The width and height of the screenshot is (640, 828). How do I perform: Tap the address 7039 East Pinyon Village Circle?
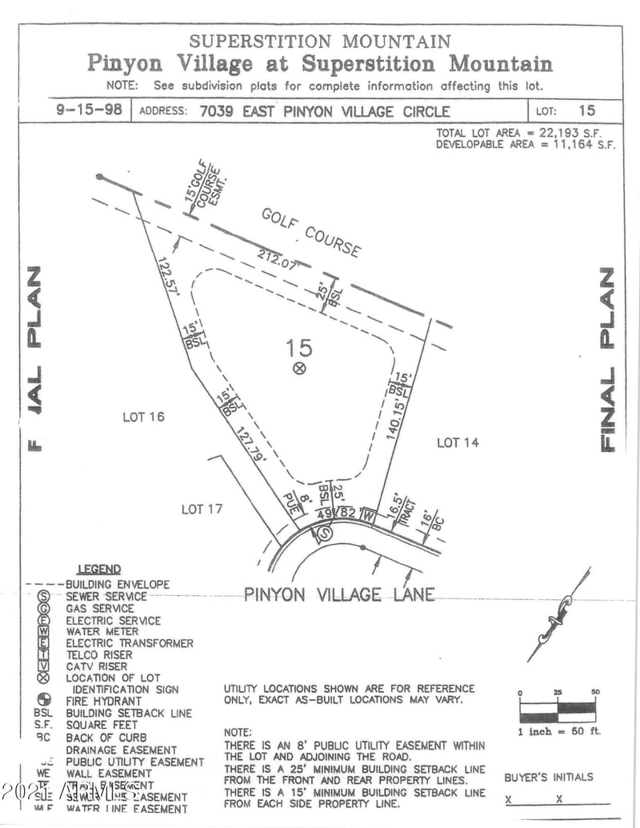318,111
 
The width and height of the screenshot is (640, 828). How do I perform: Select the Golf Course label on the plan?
311,232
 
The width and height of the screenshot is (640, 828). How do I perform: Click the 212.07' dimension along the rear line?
278,261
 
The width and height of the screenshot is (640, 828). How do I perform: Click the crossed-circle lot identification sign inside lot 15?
299,368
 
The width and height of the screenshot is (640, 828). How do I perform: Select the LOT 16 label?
143,417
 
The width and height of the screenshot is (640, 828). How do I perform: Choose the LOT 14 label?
458,442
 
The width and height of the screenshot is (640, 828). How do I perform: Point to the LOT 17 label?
202,509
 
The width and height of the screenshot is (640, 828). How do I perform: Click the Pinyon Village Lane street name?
339,594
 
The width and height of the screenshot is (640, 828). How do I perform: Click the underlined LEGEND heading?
99,570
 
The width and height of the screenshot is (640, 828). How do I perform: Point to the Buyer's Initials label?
549,777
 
